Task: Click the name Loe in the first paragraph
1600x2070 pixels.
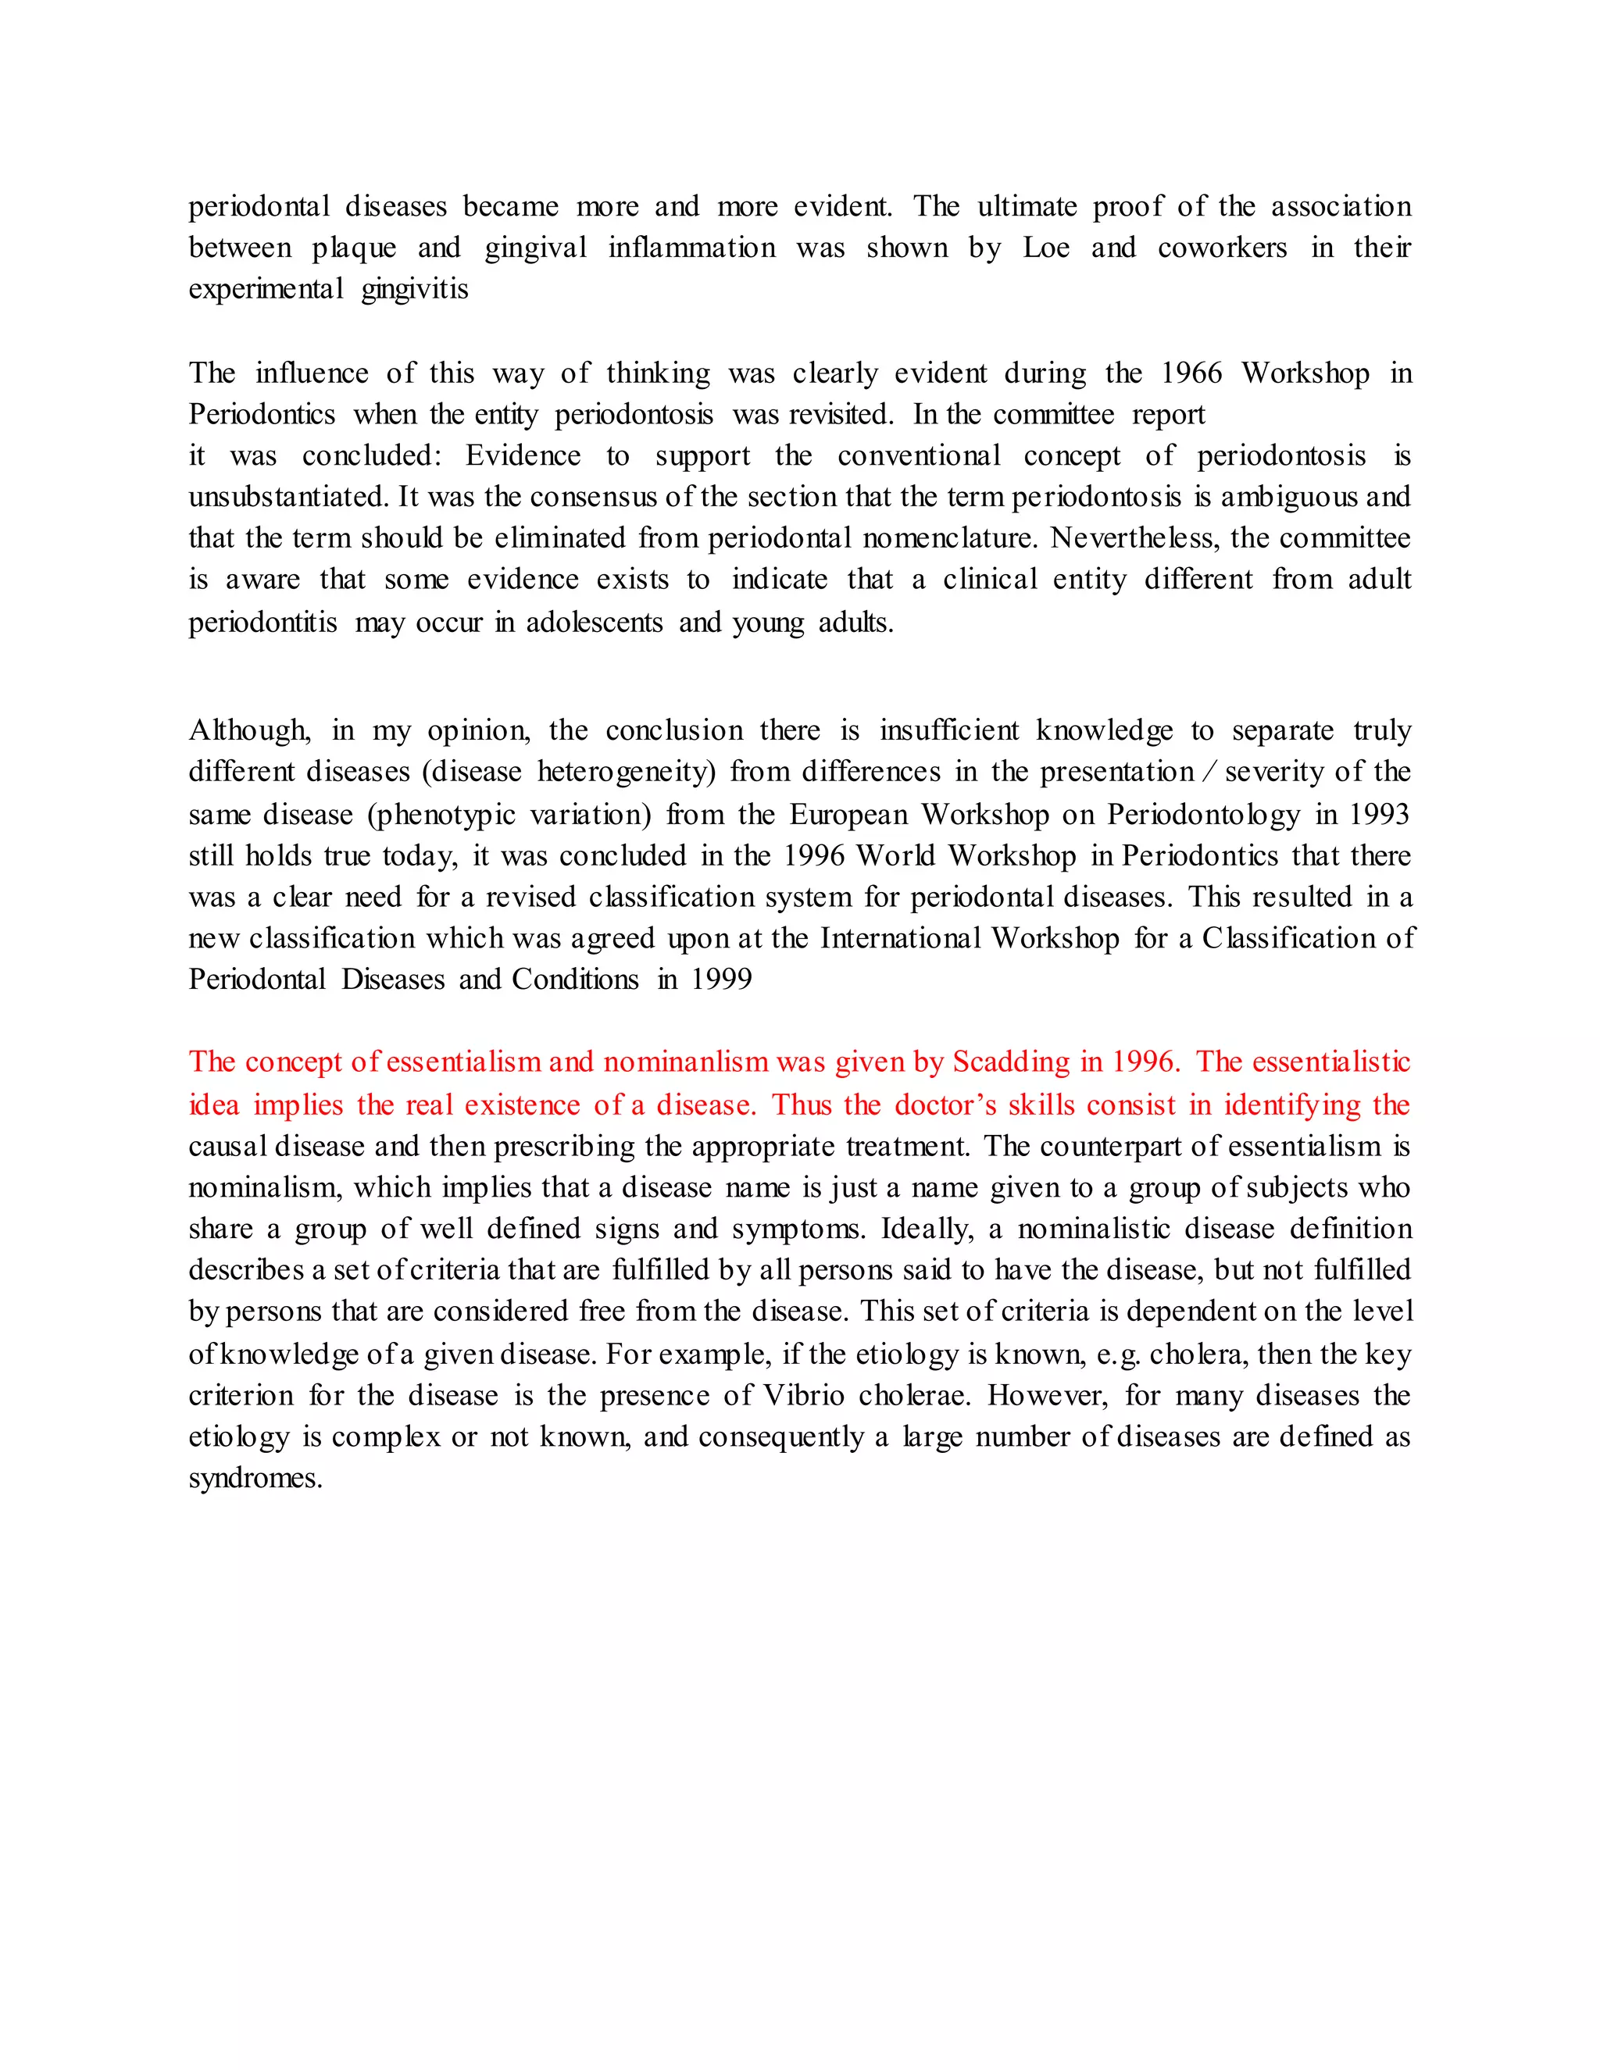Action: pos(1045,248)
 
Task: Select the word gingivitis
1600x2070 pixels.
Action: pos(414,289)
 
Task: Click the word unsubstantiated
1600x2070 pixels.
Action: pos(284,497)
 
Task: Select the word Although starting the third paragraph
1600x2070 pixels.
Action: pos(248,731)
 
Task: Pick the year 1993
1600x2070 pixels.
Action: pos(1379,814)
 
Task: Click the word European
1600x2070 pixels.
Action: pos(848,814)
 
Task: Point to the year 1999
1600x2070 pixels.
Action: pos(721,979)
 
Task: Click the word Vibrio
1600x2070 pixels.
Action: pos(803,1396)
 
